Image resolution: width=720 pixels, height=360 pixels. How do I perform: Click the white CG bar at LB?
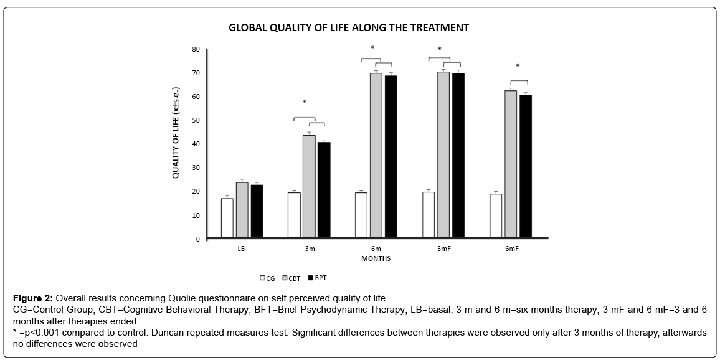click(x=227, y=218)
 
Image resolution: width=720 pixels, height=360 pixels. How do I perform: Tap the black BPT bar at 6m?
click(x=391, y=156)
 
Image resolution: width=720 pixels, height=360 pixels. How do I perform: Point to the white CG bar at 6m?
click(x=361, y=215)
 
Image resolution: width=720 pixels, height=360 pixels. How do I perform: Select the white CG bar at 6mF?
click(x=496, y=216)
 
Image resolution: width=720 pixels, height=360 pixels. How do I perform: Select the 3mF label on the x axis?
click(x=443, y=249)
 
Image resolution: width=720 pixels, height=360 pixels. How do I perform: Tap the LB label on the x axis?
click(x=242, y=249)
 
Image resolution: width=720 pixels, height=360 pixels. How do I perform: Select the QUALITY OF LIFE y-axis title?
click(x=176, y=133)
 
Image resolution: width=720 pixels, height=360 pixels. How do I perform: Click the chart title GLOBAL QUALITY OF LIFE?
click(x=348, y=28)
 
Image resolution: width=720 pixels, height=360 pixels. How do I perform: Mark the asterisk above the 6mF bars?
click(x=518, y=67)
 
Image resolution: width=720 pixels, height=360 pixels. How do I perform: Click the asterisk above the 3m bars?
click(x=305, y=103)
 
